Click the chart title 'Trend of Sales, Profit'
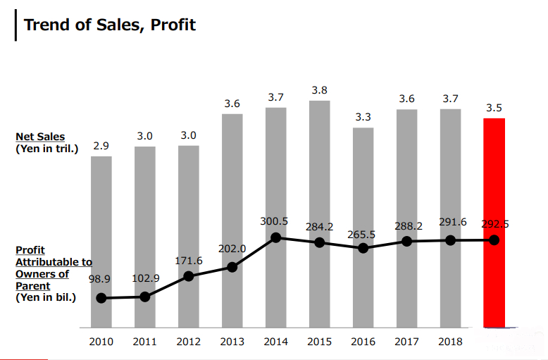click(109, 25)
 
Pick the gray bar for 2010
click(101, 225)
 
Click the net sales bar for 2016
click(363, 183)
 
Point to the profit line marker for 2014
click(276, 237)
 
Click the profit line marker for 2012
click(189, 276)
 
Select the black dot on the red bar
click(494, 240)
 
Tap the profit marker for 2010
click(101, 298)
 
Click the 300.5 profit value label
click(275, 221)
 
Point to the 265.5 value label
click(362, 234)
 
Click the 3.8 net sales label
click(319, 90)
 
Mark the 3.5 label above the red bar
click(494, 108)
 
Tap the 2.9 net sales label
click(101, 146)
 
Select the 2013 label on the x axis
click(232, 342)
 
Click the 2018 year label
click(450, 342)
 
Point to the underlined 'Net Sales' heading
click(40, 137)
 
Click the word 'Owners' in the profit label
click(33, 274)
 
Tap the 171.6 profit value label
click(189, 261)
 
